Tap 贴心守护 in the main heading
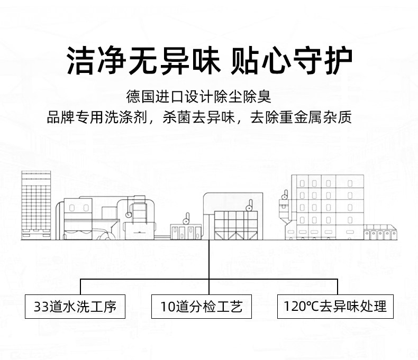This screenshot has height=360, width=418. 292,61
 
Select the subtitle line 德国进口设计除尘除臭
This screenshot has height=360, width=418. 198,97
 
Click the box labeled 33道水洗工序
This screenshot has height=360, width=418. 75,307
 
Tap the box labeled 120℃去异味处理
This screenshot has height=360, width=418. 335,307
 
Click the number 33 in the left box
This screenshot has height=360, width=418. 41,307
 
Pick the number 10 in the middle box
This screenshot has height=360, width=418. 167,307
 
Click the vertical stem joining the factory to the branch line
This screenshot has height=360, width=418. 210,259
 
